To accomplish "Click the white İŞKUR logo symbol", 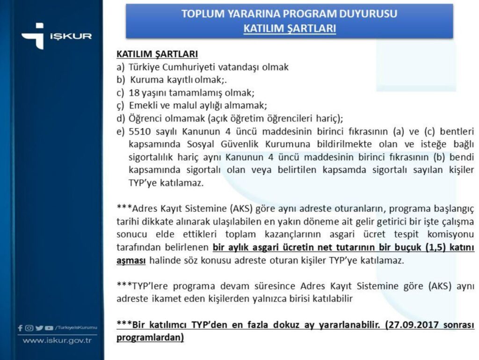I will (x=32, y=36).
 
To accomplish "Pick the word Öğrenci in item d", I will (x=146, y=118).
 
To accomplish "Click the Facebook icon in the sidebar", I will (x=20, y=328).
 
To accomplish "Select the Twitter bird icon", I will (x=39, y=328).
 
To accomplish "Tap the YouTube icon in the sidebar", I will (x=48, y=328).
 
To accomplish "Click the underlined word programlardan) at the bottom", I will (x=150, y=337).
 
